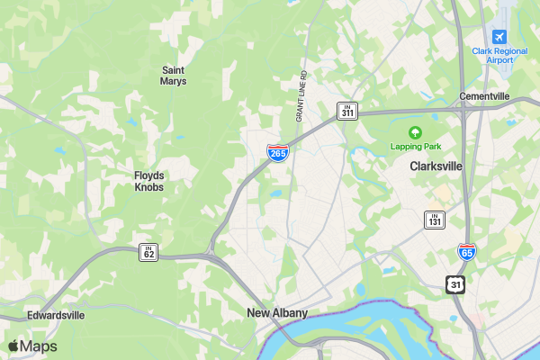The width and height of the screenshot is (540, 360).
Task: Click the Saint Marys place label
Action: [x=174, y=75]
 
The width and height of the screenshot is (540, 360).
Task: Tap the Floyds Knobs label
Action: [x=148, y=181]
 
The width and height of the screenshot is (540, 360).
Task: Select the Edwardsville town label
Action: [x=55, y=316]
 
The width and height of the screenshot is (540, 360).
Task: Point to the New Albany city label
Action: [x=277, y=313]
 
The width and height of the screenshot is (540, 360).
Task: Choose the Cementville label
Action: [x=484, y=96]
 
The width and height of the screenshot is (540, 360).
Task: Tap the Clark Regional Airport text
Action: [x=499, y=55]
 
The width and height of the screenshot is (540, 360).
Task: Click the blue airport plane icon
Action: [x=499, y=36]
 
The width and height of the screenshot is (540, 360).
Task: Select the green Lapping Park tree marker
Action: [x=415, y=132]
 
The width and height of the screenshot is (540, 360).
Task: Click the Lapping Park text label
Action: [x=414, y=146]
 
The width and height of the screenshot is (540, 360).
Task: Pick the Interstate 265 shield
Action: [x=278, y=153]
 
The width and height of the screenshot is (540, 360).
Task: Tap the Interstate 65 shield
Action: [x=466, y=253]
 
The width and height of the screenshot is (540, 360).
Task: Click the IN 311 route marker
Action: [x=348, y=111]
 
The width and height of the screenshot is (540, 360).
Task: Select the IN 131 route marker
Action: [x=435, y=219]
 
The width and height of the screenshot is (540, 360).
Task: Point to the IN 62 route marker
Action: [x=148, y=252]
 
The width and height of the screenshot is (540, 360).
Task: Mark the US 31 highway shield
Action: [x=456, y=283]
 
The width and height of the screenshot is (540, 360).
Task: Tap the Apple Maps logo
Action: [x=32, y=346]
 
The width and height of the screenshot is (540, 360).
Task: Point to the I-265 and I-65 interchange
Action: [x=463, y=112]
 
